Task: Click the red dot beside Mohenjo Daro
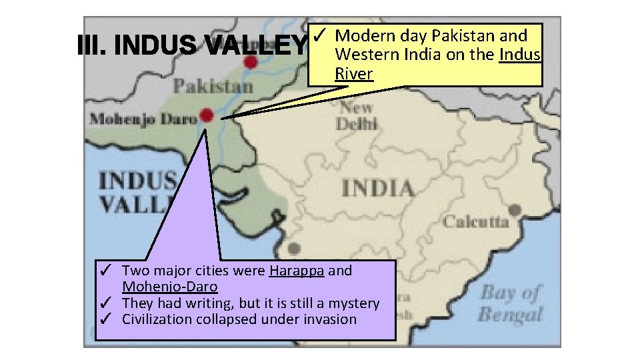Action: click(207, 115)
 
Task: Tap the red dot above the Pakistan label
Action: click(251, 62)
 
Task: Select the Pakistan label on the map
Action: click(213, 86)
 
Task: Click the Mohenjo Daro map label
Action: click(143, 119)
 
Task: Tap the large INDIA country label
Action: click(377, 189)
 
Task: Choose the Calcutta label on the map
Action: click(476, 222)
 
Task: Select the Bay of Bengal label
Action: click(511, 303)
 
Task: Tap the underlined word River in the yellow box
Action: click(354, 73)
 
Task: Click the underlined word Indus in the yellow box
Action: click(520, 54)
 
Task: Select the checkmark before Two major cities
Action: click(104, 271)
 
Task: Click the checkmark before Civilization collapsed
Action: click(104, 319)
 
